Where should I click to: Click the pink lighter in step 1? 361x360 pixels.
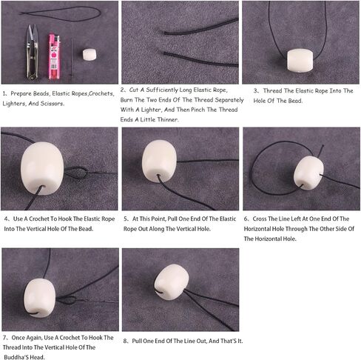(x=54, y=57)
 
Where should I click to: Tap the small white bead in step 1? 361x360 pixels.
(x=90, y=55)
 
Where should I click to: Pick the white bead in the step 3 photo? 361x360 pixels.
(x=300, y=61)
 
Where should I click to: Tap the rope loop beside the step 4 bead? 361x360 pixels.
(x=76, y=172)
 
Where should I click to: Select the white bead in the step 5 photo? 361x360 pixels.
(x=159, y=161)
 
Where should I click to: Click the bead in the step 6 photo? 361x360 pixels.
(x=308, y=173)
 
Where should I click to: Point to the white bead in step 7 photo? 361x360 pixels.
(x=39, y=298)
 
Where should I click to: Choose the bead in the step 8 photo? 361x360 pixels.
(x=172, y=282)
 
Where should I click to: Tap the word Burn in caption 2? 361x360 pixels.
(x=126, y=100)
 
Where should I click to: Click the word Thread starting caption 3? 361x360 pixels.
(x=273, y=90)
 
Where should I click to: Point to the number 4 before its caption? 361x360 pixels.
(x=6, y=219)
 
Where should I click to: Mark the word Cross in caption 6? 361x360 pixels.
(x=260, y=219)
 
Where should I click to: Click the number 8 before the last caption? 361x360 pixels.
(x=125, y=341)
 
